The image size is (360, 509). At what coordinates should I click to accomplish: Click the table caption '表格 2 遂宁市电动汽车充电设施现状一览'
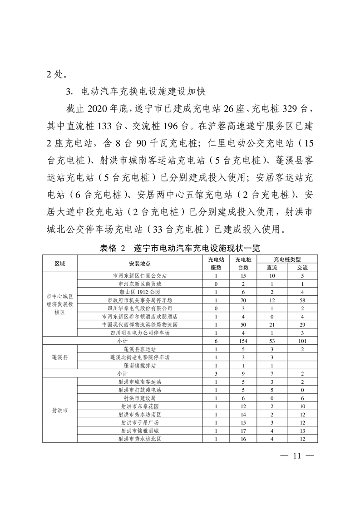pos(180,249)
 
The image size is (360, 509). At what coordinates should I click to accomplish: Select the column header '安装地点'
pos(139,264)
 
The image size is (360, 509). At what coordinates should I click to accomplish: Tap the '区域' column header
pos(60,264)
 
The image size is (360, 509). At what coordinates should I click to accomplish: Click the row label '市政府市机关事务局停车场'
pos(139,300)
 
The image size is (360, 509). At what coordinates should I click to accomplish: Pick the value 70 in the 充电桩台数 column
pos(243,300)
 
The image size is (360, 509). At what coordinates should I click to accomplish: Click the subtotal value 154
pos(243,341)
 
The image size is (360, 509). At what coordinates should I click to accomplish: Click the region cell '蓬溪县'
pos(60,357)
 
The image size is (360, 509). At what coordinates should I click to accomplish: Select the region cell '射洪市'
pos(60,410)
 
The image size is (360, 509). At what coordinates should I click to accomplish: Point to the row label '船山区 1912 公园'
pos(139,292)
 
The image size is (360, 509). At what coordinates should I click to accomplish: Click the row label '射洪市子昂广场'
pos(139,423)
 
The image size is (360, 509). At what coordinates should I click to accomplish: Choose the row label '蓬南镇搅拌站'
pos(139,366)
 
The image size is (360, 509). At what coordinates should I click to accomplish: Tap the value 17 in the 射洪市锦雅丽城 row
pos(243,431)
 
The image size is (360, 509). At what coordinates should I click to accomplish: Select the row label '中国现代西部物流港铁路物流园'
pos(139,325)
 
